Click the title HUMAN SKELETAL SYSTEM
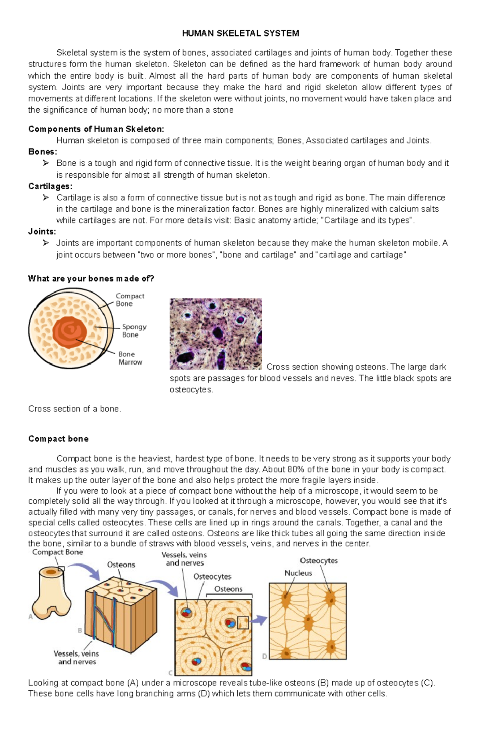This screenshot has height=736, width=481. point(240,33)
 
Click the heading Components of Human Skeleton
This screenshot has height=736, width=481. point(96,129)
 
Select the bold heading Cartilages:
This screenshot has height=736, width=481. point(50,186)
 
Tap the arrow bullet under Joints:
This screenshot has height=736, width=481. point(46,243)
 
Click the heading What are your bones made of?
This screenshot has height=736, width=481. point(91,278)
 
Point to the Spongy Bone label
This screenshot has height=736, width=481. point(134,330)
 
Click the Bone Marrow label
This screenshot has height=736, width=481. point(130,358)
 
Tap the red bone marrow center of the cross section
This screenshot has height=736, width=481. point(70,332)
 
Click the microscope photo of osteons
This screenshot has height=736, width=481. point(216,334)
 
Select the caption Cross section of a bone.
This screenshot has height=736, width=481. point(75,409)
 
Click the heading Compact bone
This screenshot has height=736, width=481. point(59,439)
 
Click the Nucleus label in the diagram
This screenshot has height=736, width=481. point(298,573)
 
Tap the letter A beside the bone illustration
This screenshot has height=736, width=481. point(30,616)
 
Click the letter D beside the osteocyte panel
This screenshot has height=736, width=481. point(265,657)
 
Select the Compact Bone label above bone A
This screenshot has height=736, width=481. point(57,552)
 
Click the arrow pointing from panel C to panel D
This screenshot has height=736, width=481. point(260,620)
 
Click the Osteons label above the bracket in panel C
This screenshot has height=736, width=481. point(228,589)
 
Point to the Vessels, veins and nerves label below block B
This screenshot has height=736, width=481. point(77,657)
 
